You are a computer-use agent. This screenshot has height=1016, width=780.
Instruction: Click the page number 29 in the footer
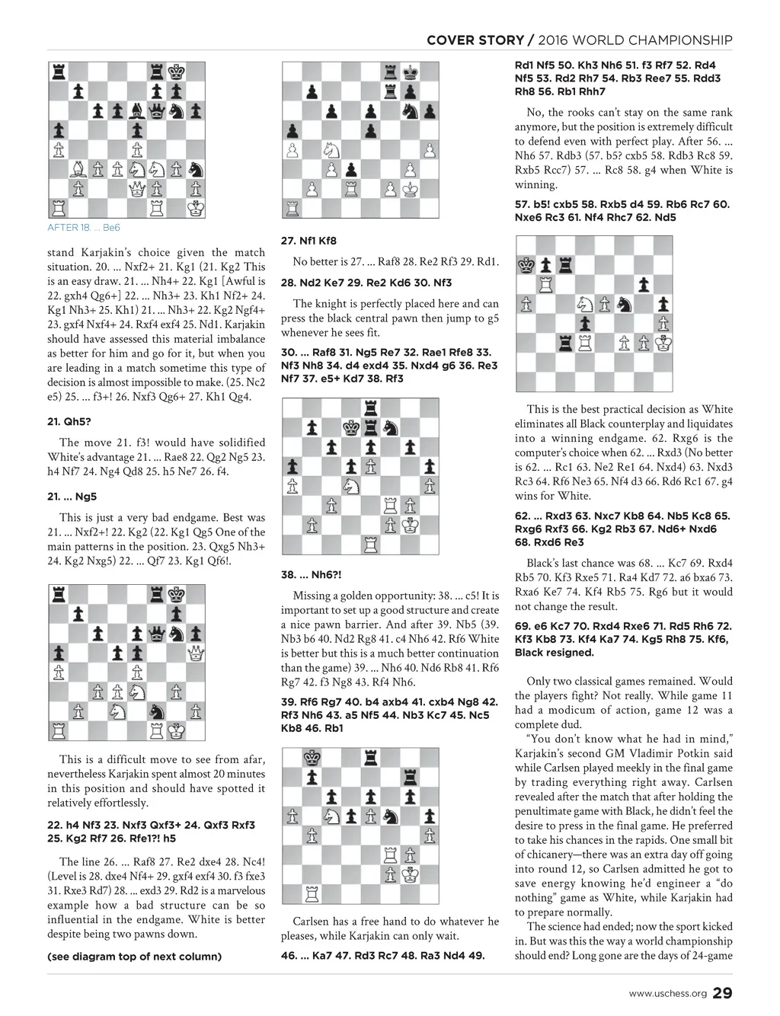pyautogui.click(x=722, y=993)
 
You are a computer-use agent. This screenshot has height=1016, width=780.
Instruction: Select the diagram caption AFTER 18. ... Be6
pyautogui.click(x=84, y=228)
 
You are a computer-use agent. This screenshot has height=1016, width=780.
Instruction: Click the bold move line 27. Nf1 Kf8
pyautogui.click(x=308, y=241)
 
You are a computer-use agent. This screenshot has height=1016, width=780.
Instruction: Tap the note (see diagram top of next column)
pyautogui.click(x=134, y=957)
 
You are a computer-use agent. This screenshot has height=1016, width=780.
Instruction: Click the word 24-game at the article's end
pyautogui.click(x=709, y=956)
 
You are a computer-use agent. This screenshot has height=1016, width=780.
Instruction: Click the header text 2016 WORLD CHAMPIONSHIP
pyautogui.click(x=639, y=40)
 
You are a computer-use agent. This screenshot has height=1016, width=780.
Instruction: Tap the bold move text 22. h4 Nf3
pyautogui.click(x=89, y=825)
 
